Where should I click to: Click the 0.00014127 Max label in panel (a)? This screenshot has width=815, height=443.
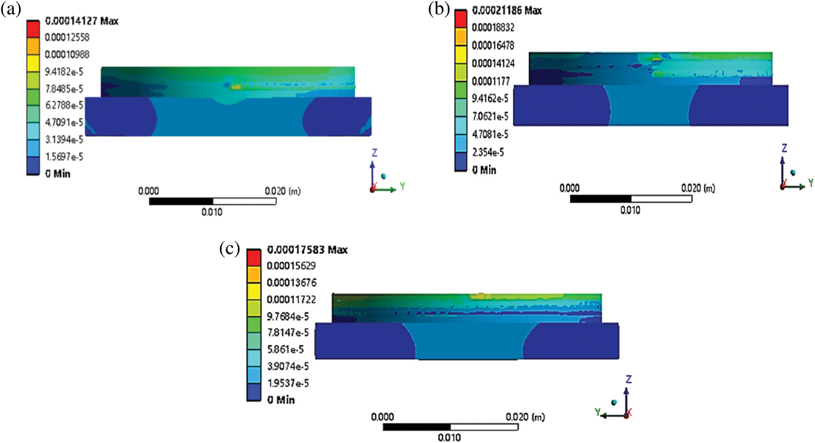(x=82, y=21)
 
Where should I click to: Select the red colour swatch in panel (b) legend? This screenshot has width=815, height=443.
(x=460, y=20)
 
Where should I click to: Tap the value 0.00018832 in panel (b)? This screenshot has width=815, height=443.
(x=493, y=28)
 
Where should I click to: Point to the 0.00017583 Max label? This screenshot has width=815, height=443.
(x=307, y=250)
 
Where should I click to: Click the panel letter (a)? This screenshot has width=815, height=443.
(x=11, y=9)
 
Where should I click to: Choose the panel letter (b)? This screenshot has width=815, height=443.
(x=439, y=9)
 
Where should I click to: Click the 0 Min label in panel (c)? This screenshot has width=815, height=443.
(x=281, y=400)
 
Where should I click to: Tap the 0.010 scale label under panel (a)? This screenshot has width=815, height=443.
(x=212, y=212)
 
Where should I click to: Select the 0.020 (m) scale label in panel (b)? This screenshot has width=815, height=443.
(x=698, y=188)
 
